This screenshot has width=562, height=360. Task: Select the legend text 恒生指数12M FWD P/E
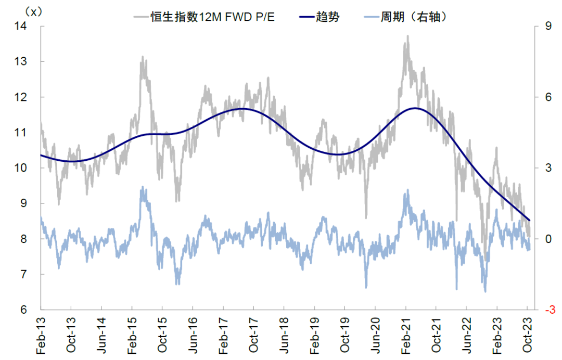click(x=213, y=17)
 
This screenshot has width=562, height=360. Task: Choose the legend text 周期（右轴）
click(x=414, y=17)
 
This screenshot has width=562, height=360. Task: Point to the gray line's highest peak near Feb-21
click(x=407, y=36)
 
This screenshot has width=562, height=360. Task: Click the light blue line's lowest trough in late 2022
click(x=486, y=291)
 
